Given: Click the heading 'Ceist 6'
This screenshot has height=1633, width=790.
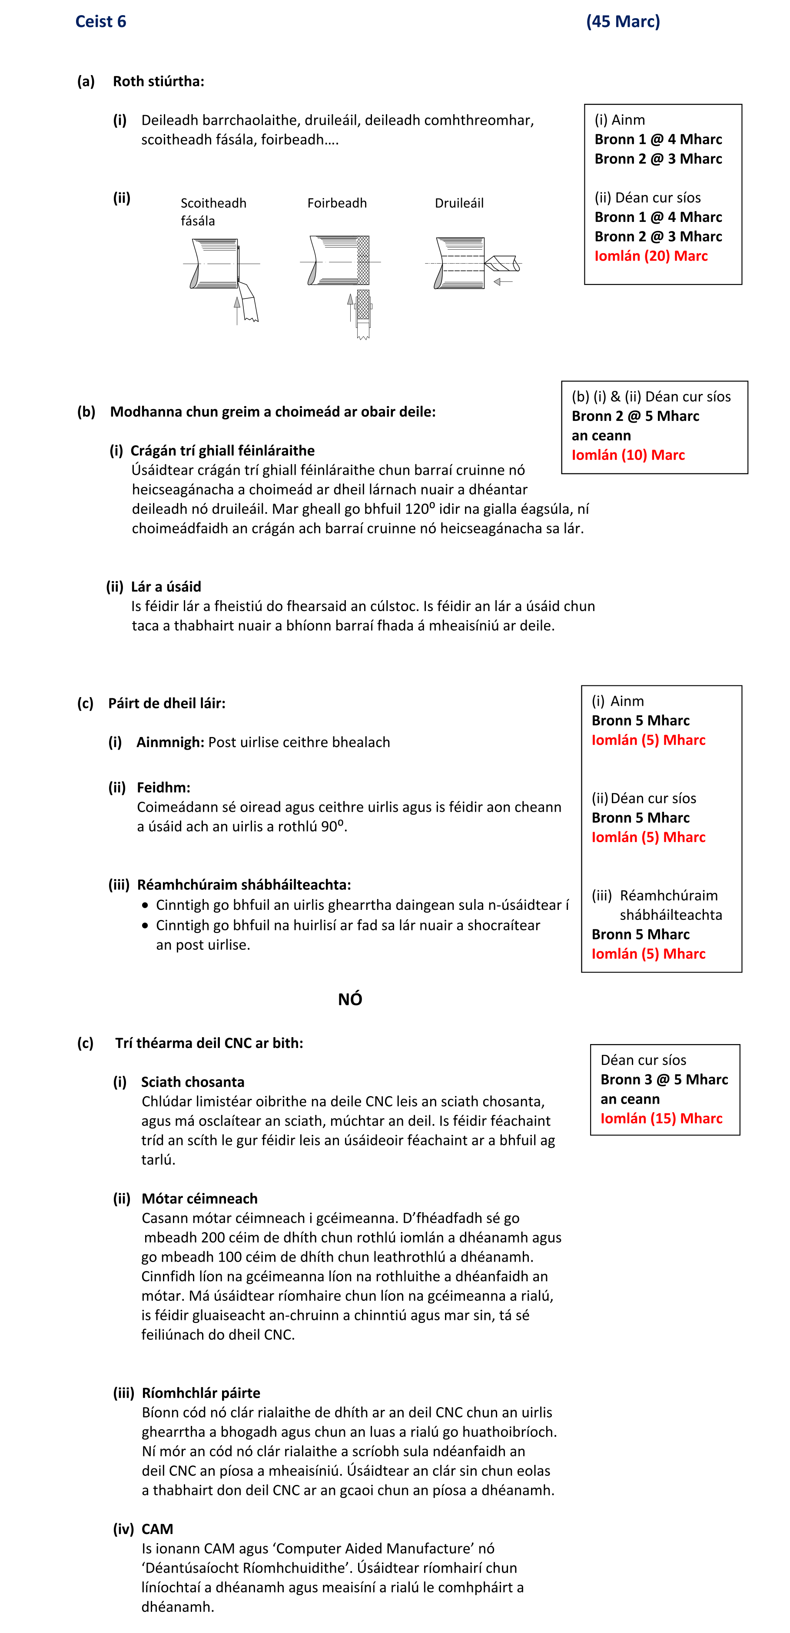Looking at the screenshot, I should [101, 22].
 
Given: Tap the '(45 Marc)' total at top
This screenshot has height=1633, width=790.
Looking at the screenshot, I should [623, 22].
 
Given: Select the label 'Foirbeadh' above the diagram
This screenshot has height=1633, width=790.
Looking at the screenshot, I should [337, 203].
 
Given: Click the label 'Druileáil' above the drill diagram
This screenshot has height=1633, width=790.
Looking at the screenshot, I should [459, 203].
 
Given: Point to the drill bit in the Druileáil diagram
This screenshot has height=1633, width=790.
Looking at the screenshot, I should [502, 262].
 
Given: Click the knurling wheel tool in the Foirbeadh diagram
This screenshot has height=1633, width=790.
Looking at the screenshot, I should [363, 307].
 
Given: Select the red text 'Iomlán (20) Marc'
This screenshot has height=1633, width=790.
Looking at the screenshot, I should [651, 256].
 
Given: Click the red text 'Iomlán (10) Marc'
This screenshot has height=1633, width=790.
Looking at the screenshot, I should [627, 455].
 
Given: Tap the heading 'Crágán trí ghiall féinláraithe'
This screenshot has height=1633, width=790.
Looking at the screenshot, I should [222, 451].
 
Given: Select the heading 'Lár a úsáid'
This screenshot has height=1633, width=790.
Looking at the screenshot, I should [166, 586].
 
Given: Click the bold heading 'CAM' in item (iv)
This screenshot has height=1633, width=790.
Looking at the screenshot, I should [157, 1529].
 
